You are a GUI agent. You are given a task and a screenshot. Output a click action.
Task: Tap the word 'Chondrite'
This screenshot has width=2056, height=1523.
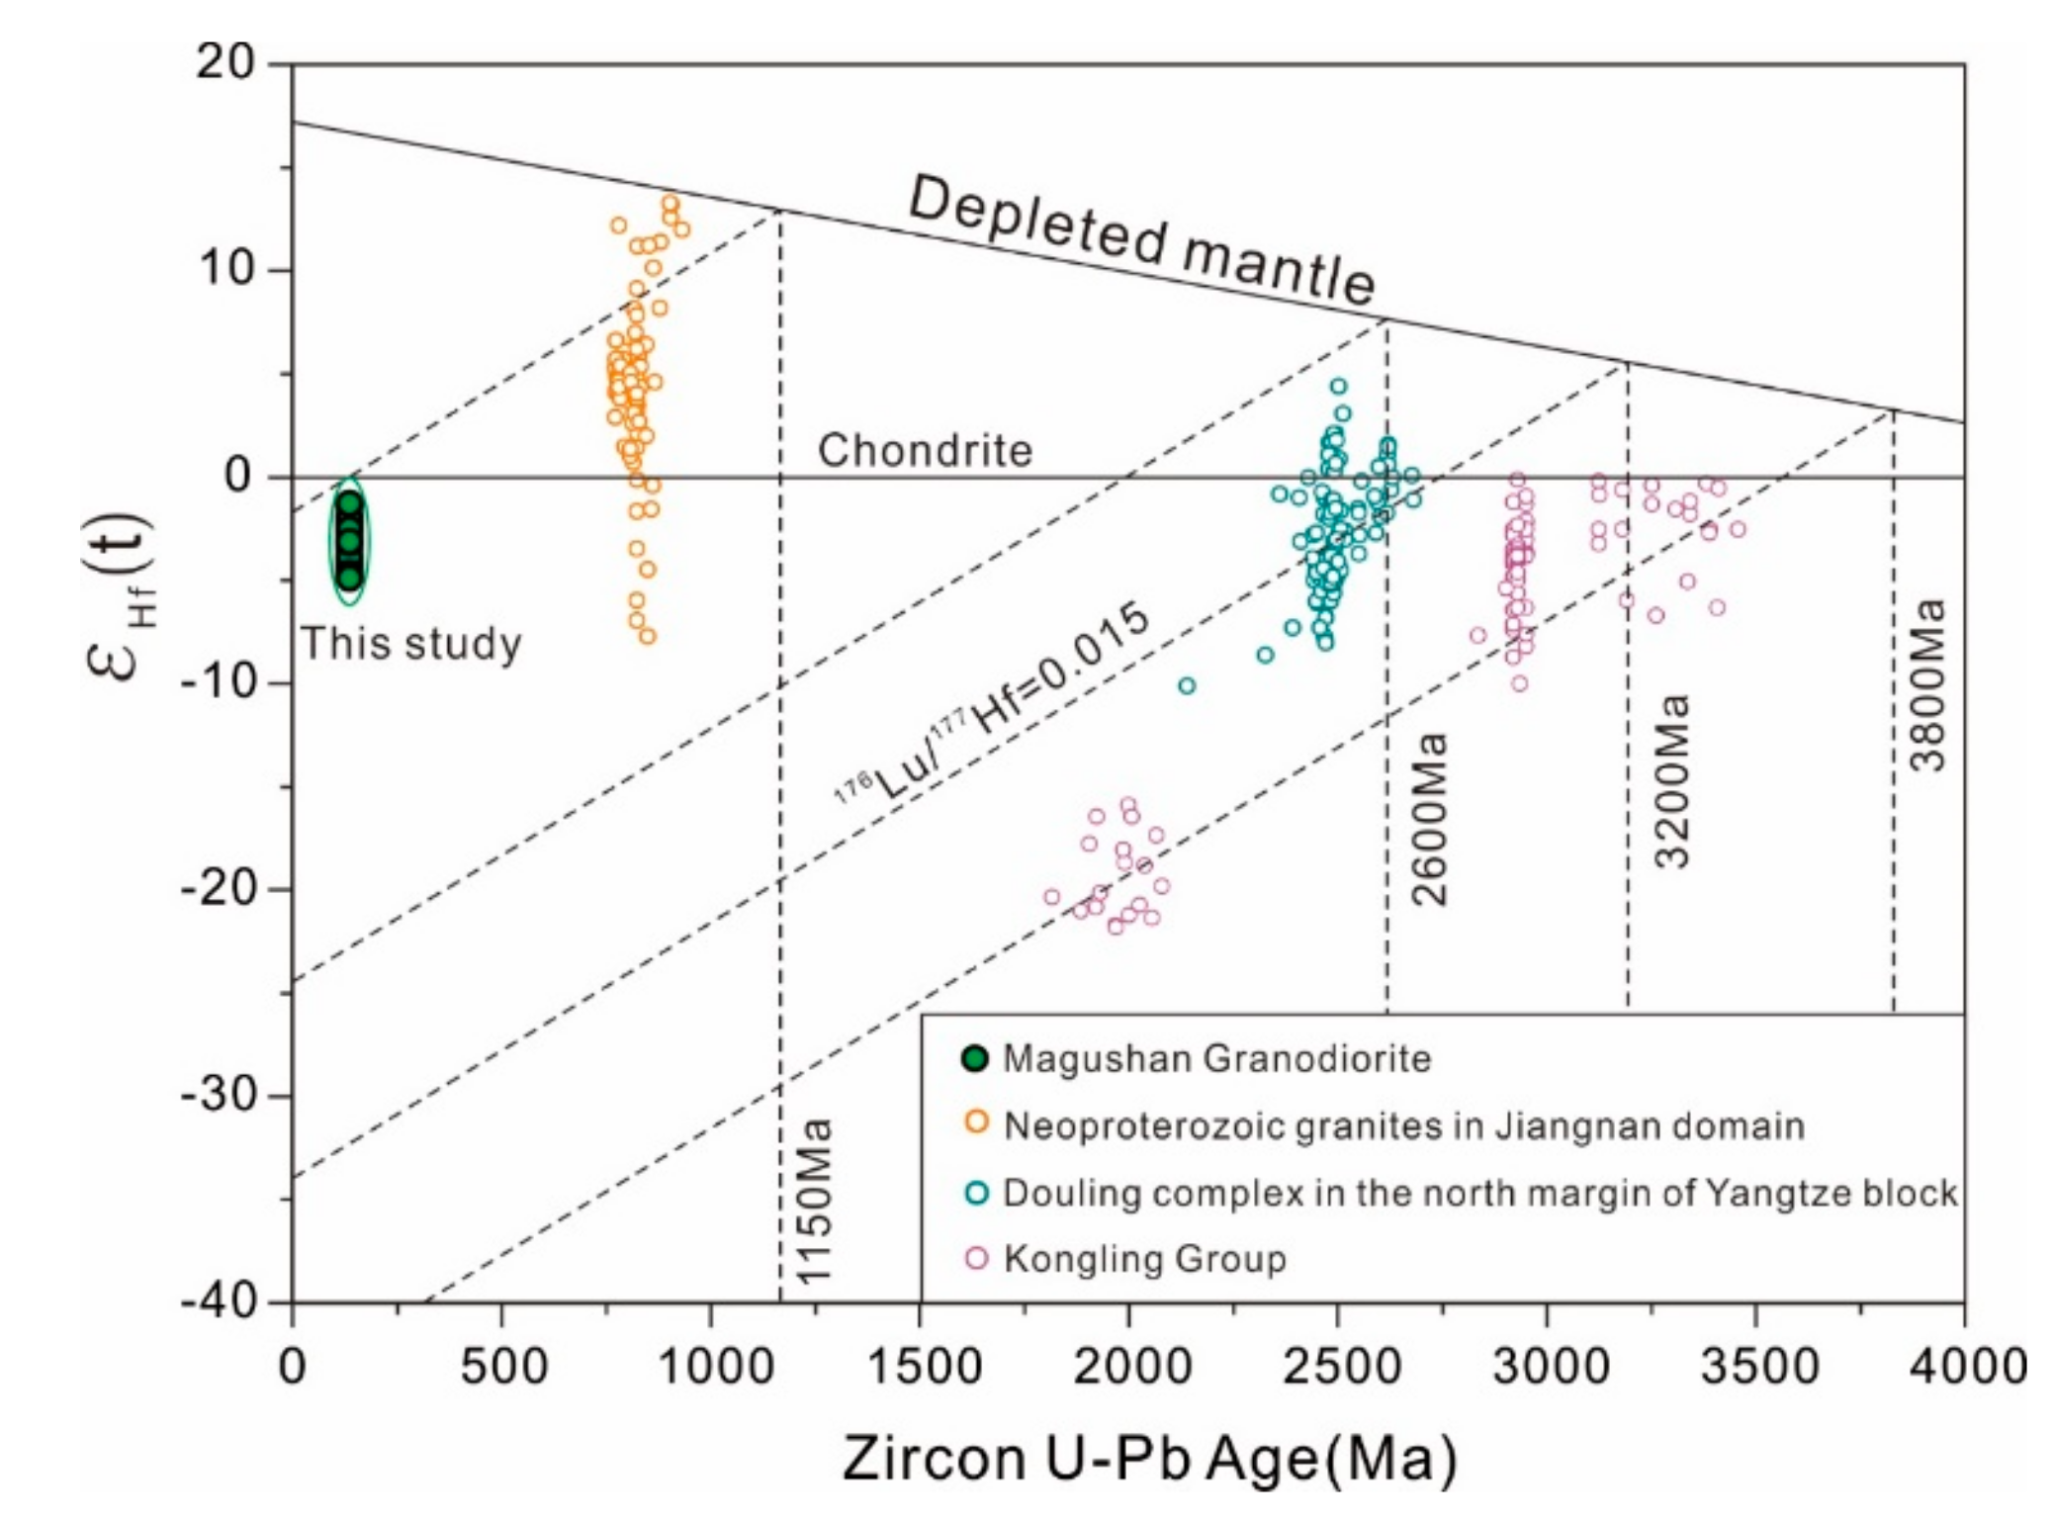click(x=925, y=451)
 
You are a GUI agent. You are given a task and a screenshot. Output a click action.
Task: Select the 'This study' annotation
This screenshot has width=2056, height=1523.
click(x=411, y=644)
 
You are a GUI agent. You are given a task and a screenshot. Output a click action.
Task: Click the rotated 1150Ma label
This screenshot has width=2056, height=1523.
click(x=816, y=1201)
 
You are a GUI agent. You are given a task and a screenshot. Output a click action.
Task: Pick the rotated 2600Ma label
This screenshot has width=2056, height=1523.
click(x=1430, y=818)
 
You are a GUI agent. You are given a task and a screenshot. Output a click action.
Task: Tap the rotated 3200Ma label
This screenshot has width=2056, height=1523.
click(x=1672, y=781)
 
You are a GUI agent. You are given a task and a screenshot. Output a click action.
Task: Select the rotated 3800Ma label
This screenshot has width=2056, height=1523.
click(x=1927, y=684)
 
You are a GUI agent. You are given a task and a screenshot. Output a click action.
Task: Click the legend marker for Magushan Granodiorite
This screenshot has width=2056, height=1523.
click(x=975, y=1058)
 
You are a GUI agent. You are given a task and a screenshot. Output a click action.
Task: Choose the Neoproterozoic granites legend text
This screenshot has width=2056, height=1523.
click(x=1403, y=1125)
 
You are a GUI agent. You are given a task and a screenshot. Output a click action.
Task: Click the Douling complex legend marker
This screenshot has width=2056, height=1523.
click(x=976, y=1192)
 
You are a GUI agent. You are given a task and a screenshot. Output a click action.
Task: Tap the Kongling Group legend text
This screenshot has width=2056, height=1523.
click(x=1144, y=1259)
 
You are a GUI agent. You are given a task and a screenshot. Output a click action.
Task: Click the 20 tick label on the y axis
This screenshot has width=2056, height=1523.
click(x=225, y=63)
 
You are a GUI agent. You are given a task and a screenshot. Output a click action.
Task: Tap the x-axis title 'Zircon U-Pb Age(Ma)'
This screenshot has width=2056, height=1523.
click(x=1150, y=1459)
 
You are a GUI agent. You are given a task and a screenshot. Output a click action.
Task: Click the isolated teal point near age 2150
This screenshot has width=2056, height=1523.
click(x=1187, y=685)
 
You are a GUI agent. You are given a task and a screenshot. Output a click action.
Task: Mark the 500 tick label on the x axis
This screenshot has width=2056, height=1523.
click(x=501, y=1367)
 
